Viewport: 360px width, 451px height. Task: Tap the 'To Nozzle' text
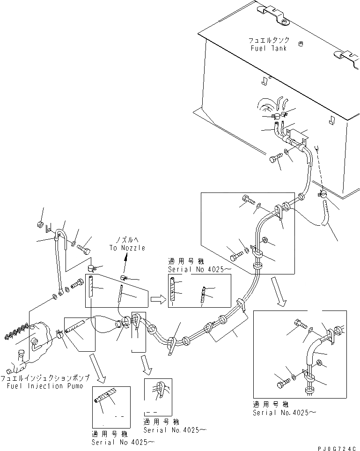(128, 248)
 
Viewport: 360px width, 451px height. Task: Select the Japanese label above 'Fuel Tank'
(272, 40)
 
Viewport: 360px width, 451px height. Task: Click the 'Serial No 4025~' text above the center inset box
(192, 270)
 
